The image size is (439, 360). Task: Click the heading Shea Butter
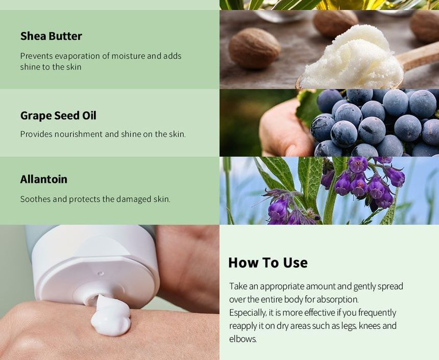click(x=51, y=36)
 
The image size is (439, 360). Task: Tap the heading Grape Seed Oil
click(x=58, y=115)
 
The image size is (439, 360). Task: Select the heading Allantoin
click(x=44, y=179)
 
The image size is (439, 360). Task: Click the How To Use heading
click(x=268, y=263)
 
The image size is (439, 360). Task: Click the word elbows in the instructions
click(x=243, y=339)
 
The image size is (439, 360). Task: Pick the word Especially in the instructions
click(x=248, y=313)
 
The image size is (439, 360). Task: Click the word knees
click(x=369, y=326)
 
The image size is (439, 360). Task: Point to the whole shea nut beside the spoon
click(x=254, y=48)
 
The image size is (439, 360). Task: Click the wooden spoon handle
click(x=418, y=57)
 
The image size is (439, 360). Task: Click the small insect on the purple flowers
click(x=316, y=217)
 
